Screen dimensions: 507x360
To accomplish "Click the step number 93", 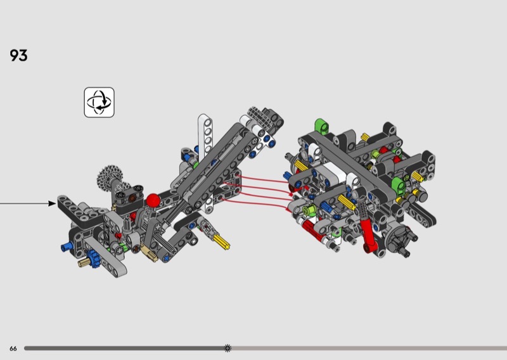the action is (x=18, y=55).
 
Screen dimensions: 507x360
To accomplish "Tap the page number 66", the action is (x=13, y=349).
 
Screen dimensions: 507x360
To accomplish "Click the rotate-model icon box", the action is (x=99, y=102).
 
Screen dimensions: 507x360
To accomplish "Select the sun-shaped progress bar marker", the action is (x=228, y=348).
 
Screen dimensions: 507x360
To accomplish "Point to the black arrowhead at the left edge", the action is (x=52, y=203).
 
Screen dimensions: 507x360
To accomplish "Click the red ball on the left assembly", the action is (x=153, y=200).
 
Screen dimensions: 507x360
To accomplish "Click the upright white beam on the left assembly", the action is (x=205, y=136).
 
